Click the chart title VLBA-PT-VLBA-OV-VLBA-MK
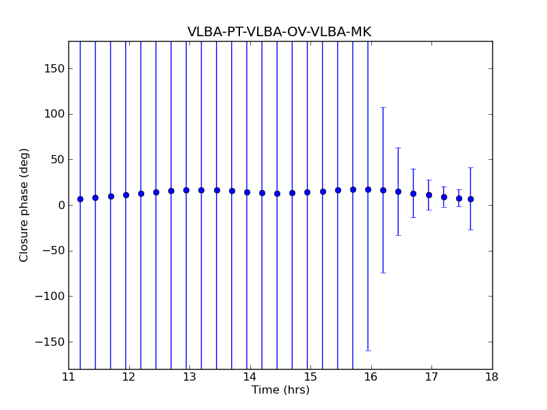coord(279,32)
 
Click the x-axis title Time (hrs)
coord(280,390)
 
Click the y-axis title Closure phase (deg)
coord(25,205)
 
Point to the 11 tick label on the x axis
coord(68,377)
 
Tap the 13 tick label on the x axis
coord(189,377)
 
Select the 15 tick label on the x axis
coord(310,377)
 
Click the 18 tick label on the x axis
coord(492,377)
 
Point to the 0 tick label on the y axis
coord(60,205)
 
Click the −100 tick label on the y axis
coord(49,297)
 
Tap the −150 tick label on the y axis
coord(49,342)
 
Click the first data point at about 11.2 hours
coord(80,199)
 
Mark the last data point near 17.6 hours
coord(470,199)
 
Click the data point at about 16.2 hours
coord(383,190)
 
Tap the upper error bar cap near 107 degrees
coord(383,107)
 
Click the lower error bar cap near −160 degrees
coord(368,351)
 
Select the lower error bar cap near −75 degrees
coord(383,273)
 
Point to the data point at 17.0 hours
coord(429,195)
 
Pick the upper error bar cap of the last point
coord(470,167)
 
